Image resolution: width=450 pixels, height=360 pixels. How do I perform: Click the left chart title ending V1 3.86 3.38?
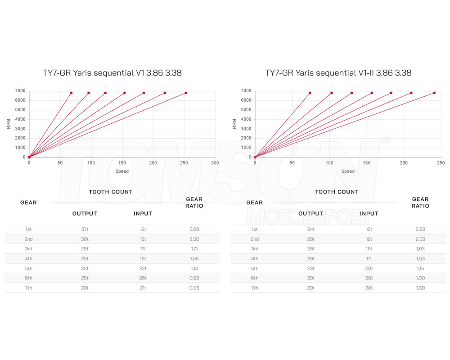(112, 72)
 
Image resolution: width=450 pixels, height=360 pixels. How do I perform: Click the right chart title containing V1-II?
(338, 72)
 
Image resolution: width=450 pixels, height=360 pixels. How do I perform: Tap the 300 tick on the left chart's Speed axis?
(215, 163)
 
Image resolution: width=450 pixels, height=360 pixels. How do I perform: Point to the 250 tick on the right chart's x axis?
(441, 163)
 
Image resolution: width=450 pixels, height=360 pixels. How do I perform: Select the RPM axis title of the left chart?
(9, 124)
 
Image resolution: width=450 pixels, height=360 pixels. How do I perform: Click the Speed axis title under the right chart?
(348, 171)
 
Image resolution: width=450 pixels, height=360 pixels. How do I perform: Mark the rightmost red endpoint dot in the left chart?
(186, 93)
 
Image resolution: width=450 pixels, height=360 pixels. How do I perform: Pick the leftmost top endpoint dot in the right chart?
(310, 93)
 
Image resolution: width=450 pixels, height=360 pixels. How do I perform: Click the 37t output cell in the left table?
(84, 229)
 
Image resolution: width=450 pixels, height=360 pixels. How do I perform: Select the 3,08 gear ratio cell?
(194, 229)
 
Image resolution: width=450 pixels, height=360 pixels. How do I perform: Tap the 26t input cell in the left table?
(143, 278)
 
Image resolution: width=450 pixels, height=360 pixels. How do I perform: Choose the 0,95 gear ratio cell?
(194, 288)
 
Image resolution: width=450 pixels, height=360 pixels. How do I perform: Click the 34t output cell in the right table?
(310, 229)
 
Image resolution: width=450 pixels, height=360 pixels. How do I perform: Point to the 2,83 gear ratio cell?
(420, 229)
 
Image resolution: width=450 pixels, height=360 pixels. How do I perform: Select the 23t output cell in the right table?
(310, 268)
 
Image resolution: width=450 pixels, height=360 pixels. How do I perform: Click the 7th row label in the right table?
(254, 288)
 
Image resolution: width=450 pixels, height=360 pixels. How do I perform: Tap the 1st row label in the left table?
(28, 229)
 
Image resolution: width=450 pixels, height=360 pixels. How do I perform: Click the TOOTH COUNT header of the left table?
(111, 192)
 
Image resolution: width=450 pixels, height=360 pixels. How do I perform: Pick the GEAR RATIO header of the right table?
(420, 202)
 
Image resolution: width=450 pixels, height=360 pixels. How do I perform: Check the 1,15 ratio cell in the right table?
(420, 268)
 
